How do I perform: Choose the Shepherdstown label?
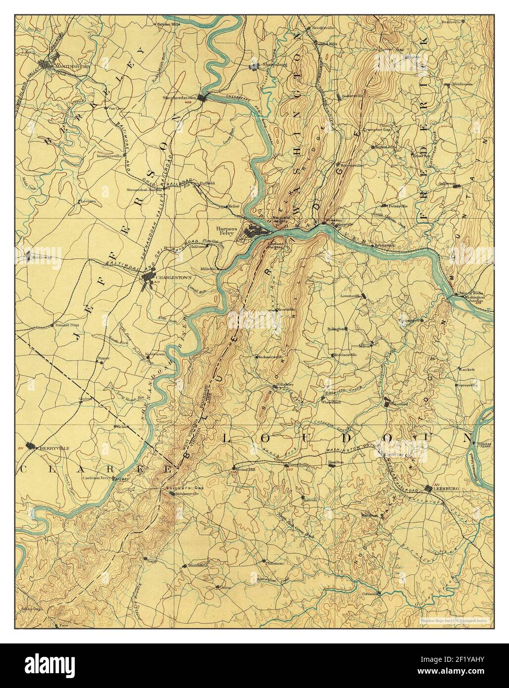[179, 98]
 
